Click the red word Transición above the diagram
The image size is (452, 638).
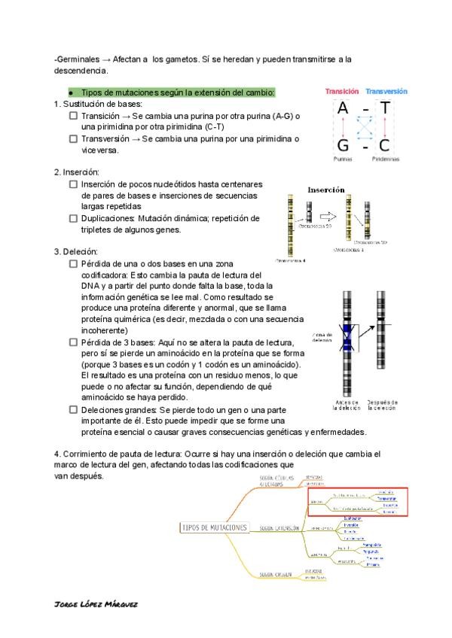pyautogui.click(x=342, y=91)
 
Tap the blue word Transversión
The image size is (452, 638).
pyautogui.click(x=387, y=91)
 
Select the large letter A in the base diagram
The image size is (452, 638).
pyautogui.click(x=343, y=110)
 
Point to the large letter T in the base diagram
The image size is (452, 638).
pyautogui.click(x=386, y=110)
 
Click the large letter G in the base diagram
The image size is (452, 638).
pyautogui.click(x=343, y=145)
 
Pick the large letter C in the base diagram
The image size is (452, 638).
pyautogui.click(x=386, y=145)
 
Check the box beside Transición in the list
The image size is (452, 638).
pyautogui.click(x=73, y=117)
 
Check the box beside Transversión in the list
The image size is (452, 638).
pyautogui.click(x=73, y=139)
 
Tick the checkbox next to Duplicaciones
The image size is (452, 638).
pyautogui.click(x=73, y=219)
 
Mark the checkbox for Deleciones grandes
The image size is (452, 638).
pyautogui.click(x=73, y=410)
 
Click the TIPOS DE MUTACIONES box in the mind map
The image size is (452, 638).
pyautogui.click(x=215, y=528)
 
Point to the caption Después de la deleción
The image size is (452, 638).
pyautogui.click(x=383, y=406)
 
